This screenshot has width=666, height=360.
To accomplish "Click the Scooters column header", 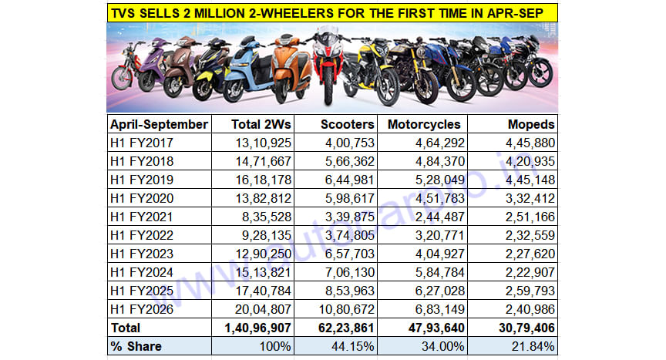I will coord(347,124).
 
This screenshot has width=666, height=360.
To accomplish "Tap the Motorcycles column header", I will coord(424,124).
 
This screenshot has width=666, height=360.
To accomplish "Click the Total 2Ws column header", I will coord(261,124).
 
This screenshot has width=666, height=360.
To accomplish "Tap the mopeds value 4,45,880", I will coord(530,142).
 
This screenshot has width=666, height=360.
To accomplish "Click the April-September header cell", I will coord(159,124).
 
